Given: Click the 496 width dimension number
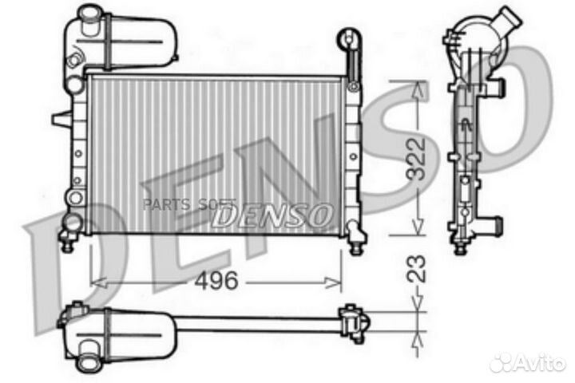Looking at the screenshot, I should tap(217, 281).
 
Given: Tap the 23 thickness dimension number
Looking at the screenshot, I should tap(416, 270).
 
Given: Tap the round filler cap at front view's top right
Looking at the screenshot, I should tap(349, 38).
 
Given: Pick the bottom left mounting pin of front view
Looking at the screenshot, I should tap(68, 243).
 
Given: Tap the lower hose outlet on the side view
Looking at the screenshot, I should tap(495, 224).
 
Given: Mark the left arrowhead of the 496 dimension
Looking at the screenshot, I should tap(95, 281).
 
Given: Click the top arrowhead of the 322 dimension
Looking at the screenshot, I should tap(415, 86).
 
